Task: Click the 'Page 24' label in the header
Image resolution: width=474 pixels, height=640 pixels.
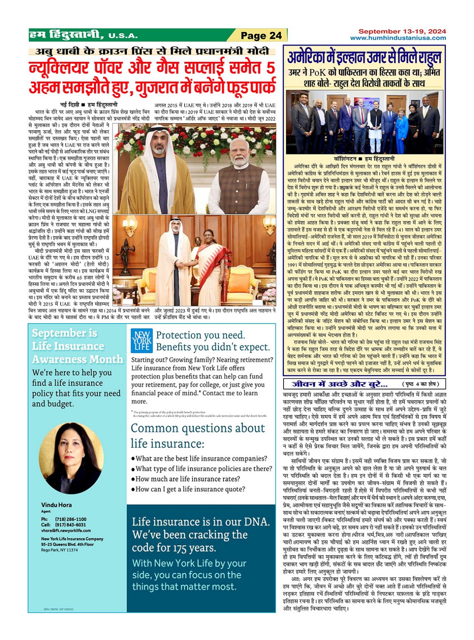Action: pos(261,35)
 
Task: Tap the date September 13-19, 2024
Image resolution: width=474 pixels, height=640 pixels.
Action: pos(402,31)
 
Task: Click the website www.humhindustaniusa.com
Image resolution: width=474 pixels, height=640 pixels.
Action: pos(398,38)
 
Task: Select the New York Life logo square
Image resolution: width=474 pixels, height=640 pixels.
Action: pos(142,340)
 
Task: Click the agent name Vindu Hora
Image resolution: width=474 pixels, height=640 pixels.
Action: pos(56,505)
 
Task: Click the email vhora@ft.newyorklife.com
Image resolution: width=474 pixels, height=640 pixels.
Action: pos(66,531)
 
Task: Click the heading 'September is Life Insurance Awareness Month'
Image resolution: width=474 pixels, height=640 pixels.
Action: pos(77,346)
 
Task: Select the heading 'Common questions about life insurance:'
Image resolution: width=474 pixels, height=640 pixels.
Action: pos(198,435)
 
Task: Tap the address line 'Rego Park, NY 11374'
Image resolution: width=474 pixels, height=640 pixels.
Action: pos(59,550)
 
